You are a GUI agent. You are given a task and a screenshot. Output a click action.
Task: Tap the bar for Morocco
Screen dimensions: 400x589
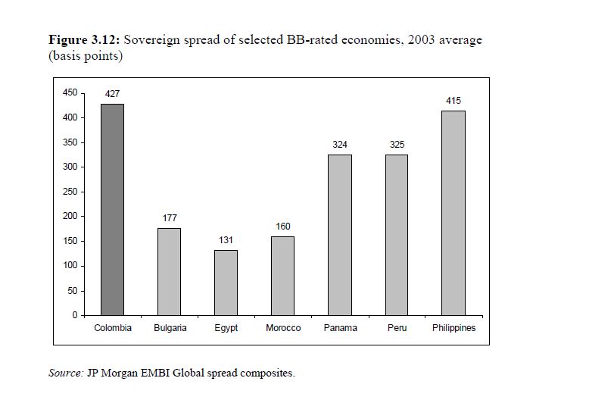[283, 276]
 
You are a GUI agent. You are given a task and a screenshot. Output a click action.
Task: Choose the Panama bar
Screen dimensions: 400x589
[340, 235]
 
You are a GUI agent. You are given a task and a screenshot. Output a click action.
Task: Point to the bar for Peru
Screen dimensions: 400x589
[397, 235]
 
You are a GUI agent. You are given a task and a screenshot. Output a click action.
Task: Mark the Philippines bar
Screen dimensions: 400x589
[453, 213]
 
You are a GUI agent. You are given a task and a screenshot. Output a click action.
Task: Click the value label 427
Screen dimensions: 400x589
[113, 94]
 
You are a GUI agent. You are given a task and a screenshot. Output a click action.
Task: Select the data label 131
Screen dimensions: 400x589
[226, 240]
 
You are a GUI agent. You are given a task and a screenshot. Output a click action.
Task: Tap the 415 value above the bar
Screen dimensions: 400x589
[453, 101]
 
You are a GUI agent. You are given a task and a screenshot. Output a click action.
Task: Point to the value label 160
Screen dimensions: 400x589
[283, 227]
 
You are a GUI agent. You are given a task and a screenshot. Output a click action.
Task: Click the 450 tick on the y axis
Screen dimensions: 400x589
[70, 93]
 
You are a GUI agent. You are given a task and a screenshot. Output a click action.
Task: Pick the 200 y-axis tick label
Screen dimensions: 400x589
[70, 217]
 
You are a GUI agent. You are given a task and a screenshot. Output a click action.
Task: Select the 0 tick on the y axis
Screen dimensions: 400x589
[74, 315]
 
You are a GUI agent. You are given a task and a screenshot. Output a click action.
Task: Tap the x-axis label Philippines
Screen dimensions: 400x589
[453, 328]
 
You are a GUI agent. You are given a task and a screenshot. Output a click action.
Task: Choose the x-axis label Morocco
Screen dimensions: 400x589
[283, 328]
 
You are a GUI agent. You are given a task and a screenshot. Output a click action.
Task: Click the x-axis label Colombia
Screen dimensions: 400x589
[113, 328]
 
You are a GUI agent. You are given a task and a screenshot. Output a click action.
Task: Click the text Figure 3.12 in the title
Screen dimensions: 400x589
[83, 40]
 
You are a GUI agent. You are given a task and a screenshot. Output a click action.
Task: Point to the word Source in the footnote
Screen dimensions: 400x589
[64, 373]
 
